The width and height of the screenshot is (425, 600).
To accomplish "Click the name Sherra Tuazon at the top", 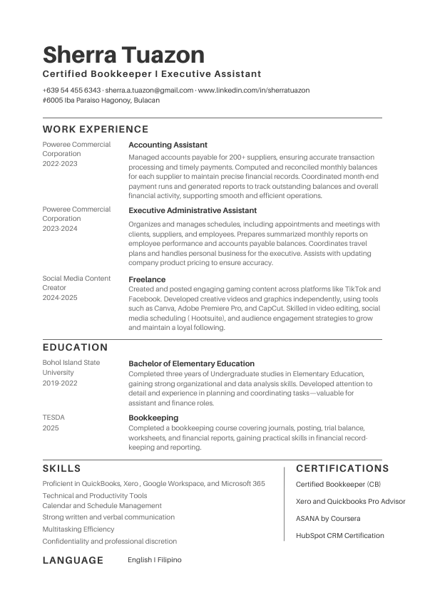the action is (x=123, y=55).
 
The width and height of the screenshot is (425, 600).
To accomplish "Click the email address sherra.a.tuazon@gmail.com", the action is (x=150, y=90).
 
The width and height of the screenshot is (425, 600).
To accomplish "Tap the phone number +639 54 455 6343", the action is (x=71, y=90).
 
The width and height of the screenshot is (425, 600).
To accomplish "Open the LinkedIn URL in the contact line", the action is (x=253, y=90).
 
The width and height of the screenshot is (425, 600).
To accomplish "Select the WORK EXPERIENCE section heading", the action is (x=96, y=130).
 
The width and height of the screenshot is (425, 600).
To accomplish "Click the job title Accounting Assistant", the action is (x=168, y=145).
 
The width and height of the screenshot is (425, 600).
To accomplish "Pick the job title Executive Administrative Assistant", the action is (x=193, y=210).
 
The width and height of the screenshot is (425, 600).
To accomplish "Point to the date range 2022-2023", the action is (x=60, y=163).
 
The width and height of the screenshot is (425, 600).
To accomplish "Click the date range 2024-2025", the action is (x=60, y=297).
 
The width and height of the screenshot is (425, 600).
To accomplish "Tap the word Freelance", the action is (x=147, y=279).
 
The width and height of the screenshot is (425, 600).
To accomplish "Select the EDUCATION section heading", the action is (x=76, y=348).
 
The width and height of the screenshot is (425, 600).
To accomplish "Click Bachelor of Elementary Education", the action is (x=191, y=363).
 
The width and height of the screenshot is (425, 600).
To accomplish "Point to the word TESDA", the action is (x=53, y=418).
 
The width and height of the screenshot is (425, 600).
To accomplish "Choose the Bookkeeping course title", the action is (x=153, y=418).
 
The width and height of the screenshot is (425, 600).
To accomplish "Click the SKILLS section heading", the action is (x=62, y=469).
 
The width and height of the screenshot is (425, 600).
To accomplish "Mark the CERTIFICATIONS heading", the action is (x=342, y=469).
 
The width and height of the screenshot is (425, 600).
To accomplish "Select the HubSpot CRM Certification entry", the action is (x=339, y=535).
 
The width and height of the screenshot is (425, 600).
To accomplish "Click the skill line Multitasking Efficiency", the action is (x=78, y=529).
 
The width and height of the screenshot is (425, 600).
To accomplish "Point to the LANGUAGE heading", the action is (x=73, y=560).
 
